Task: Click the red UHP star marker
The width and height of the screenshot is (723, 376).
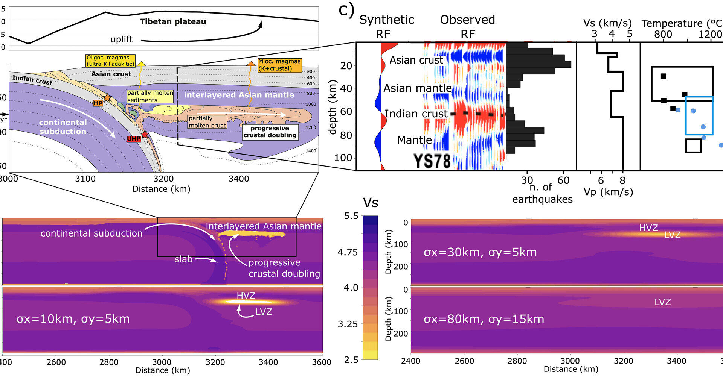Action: point(145,134)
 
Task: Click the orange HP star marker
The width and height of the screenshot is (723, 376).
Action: point(107,97)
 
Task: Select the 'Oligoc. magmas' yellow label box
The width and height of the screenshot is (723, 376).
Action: point(110,61)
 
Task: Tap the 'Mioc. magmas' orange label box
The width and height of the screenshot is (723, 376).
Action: point(279,65)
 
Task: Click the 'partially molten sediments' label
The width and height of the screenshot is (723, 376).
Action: point(150,97)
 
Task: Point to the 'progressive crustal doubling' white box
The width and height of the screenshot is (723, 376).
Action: point(270,132)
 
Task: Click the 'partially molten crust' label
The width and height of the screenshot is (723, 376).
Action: point(207,122)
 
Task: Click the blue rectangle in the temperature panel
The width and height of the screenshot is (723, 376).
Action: point(699,115)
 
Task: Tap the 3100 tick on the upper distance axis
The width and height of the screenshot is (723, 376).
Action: point(85,179)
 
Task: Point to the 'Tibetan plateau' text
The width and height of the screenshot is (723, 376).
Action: point(173,22)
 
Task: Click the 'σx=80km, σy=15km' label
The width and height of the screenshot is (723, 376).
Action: point(484,319)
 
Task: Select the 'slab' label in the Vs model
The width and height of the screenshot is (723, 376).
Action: point(183,259)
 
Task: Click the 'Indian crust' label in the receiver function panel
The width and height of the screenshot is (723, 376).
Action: point(416,114)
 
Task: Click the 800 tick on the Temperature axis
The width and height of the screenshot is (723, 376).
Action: point(663,34)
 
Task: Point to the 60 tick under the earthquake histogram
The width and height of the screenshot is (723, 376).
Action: point(563,180)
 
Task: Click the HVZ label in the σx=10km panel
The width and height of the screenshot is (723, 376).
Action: point(246,296)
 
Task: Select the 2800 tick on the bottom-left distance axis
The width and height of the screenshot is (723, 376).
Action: point(109,362)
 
